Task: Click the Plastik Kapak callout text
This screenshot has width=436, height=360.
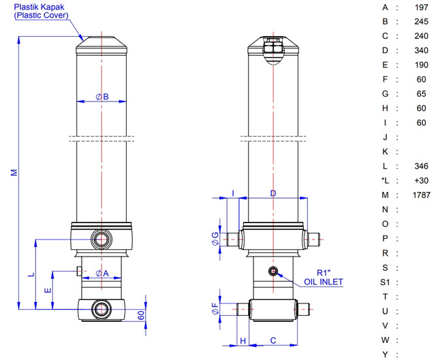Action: [x=41, y=11]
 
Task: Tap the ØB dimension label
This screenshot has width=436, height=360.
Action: [x=102, y=97]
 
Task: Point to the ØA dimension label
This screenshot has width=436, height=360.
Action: [x=102, y=274]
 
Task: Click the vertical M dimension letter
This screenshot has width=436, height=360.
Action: [x=14, y=172]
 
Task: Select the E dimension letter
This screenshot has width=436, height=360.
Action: [x=48, y=291]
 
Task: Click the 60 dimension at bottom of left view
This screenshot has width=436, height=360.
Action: [x=141, y=315]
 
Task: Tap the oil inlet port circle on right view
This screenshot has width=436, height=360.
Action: [x=273, y=271]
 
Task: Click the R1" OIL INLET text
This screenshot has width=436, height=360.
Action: [x=324, y=278]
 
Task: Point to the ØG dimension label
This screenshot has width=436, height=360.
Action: [x=215, y=239]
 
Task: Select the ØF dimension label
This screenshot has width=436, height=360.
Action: [x=215, y=308]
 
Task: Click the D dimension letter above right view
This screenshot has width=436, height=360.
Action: [x=273, y=193]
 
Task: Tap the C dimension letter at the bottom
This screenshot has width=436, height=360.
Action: [x=273, y=340]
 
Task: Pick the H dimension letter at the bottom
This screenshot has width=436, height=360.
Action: [x=243, y=340]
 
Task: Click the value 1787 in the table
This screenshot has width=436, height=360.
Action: [x=421, y=195]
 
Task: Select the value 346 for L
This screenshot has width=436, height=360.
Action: [x=421, y=166]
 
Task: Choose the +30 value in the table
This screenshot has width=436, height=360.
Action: [x=421, y=180]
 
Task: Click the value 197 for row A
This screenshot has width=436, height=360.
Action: [x=421, y=7]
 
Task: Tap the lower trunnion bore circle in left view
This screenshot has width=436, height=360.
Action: [x=102, y=309]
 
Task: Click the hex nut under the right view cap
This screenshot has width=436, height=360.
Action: [x=273, y=46]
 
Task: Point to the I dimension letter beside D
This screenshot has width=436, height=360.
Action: [x=233, y=193]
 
